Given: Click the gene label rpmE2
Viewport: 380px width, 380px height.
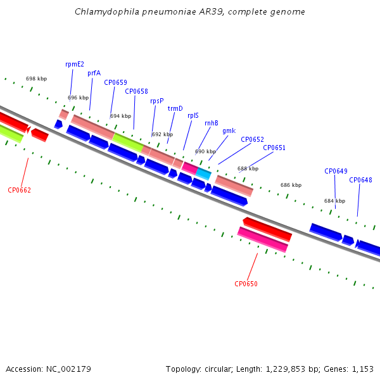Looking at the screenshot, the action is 75,64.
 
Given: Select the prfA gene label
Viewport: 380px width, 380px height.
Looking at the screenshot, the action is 94,73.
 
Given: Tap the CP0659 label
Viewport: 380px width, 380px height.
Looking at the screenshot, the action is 116,82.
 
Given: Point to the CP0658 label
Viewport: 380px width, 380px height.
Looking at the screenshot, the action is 136,91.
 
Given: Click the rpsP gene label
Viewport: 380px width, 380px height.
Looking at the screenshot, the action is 157,101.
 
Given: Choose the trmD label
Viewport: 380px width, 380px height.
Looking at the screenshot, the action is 175,108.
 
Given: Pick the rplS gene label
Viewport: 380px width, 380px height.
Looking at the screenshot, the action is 193,116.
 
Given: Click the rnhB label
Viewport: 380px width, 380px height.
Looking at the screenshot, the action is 212,123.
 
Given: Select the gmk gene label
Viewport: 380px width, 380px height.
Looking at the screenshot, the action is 229,131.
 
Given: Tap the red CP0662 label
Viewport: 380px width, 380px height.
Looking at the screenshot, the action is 20,190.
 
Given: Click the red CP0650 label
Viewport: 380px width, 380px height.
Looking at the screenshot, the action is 246,284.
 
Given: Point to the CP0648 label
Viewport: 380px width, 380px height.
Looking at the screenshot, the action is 360,180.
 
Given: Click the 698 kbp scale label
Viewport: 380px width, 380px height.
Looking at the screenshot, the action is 36,79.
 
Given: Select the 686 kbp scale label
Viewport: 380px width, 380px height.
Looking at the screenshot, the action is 291,185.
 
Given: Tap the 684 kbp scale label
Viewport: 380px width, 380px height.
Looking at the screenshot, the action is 334,201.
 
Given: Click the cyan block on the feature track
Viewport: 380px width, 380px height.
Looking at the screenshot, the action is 203,174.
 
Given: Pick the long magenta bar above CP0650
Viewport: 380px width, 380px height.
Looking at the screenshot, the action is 263,239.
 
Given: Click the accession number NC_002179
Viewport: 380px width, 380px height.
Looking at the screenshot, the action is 68,369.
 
